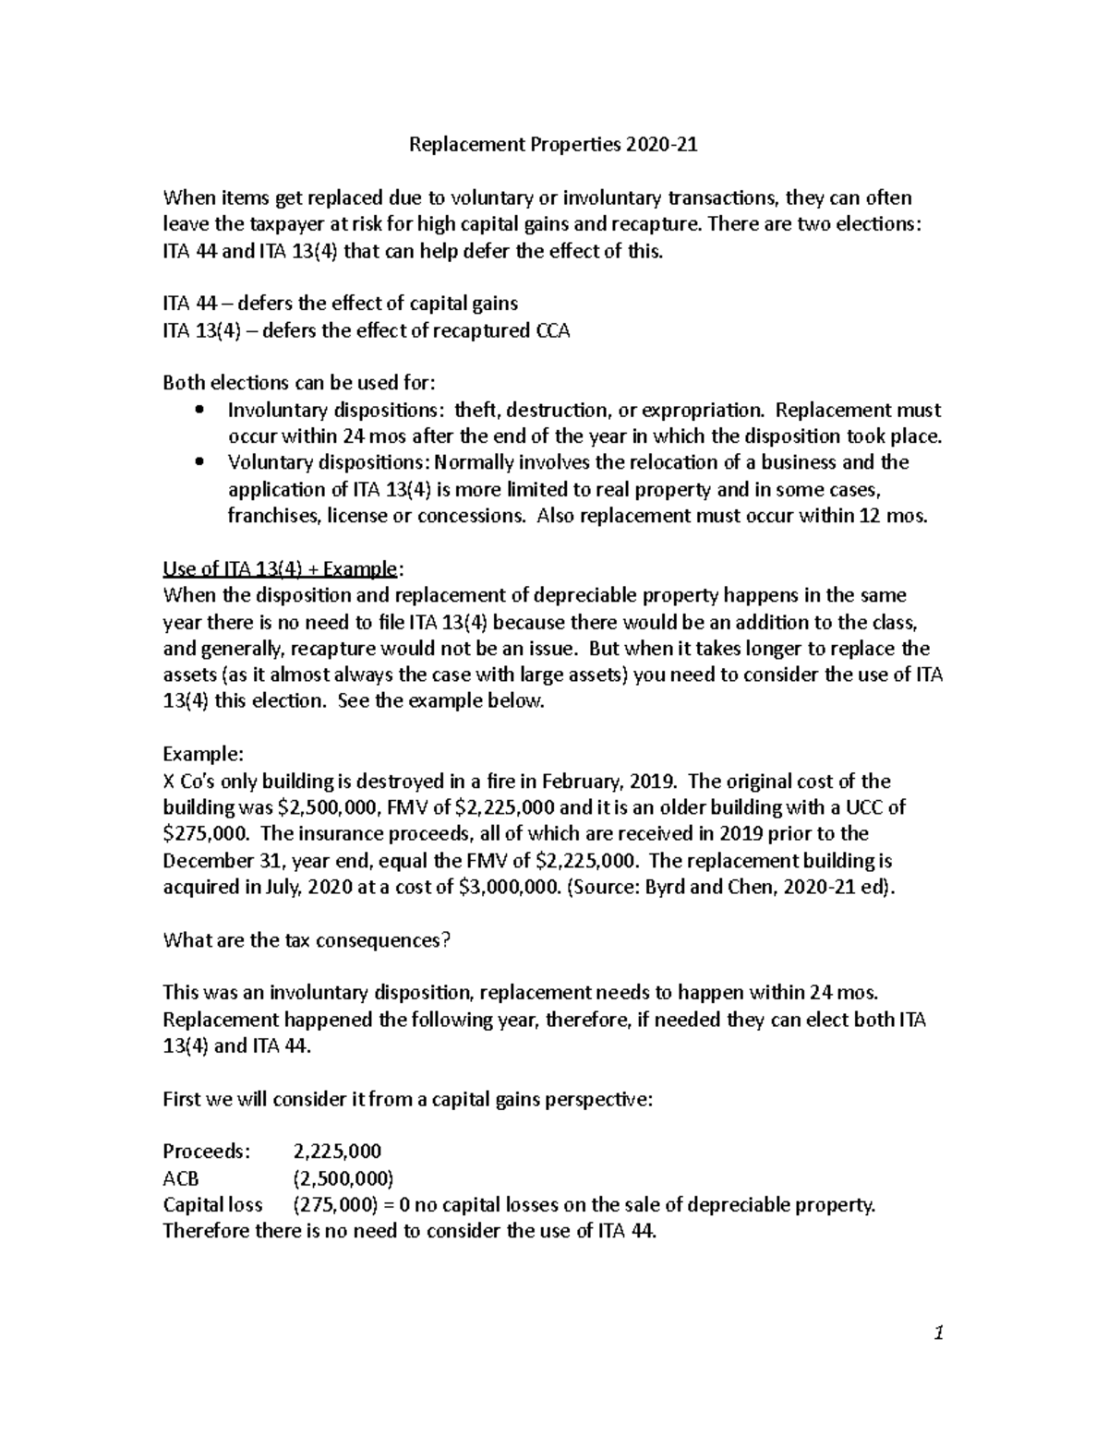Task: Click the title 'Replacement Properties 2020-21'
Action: (553, 145)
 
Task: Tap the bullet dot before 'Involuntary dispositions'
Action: (200, 411)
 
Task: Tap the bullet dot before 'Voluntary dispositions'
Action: (200, 463)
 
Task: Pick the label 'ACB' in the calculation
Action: (181, 1178)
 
